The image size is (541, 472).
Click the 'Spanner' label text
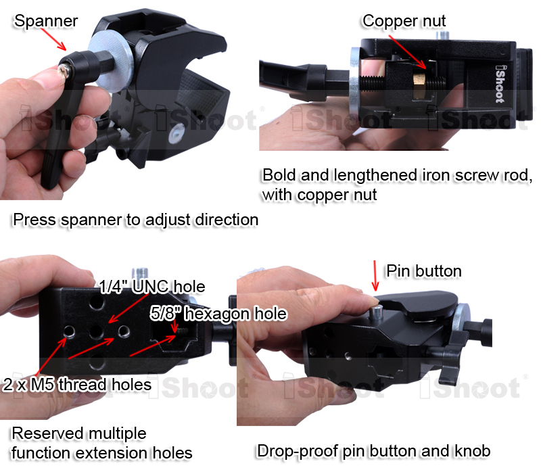(x=46, y=21)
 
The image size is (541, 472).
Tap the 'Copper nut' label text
(x=404, y=21)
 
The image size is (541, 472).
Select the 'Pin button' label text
(x=423, y=271)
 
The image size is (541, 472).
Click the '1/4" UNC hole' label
(x=152, y=287)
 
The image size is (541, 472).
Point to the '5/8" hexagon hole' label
(x=218, y=314)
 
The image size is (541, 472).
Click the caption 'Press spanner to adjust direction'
(x=135, y=220)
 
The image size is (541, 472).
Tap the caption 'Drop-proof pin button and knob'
(x=373, y=451)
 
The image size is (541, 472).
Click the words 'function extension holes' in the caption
(x=102, y=452)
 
